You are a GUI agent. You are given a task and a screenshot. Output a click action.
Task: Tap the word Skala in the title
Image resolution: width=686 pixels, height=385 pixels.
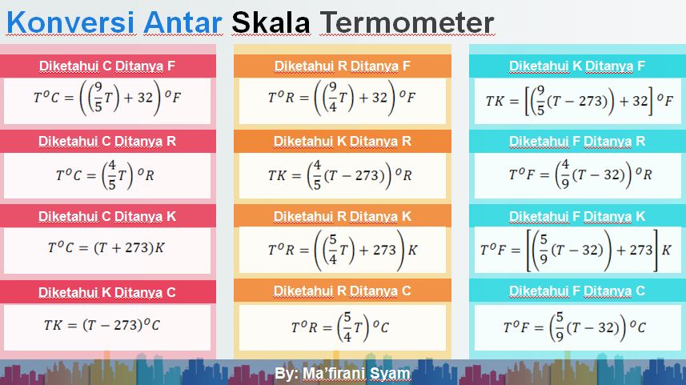click(x=271, y=22)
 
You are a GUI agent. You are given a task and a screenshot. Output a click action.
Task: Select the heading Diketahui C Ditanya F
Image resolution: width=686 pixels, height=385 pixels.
click(x=107, y=66)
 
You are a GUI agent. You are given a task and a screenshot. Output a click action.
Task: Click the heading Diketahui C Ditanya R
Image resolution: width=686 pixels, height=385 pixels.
click(x=107, y=142)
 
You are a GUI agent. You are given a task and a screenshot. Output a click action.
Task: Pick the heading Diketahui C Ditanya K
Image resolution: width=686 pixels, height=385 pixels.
click(x=107, y=216)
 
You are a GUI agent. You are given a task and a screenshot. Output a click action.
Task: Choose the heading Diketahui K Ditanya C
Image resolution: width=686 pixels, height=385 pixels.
click(x=107, y=292)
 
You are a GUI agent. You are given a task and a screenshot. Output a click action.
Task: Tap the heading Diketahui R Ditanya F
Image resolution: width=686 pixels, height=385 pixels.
click(x=342, y=66)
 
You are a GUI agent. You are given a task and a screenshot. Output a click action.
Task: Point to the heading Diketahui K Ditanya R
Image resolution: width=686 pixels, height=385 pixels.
click(x=342, y=142)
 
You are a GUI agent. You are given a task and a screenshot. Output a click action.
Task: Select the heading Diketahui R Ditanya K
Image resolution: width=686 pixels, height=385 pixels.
click(x=342, y=216)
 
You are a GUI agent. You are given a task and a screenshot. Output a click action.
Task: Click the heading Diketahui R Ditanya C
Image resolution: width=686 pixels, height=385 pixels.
click(x=342, y=291)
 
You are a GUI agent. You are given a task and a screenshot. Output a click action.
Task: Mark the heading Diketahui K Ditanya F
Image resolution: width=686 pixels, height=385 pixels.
click(x=577, y=66)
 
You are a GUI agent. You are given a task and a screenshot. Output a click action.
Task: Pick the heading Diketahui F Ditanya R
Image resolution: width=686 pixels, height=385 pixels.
click(x=577, y=142)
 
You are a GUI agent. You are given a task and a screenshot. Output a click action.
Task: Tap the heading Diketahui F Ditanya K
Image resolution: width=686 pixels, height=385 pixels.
click(x=577, y=216)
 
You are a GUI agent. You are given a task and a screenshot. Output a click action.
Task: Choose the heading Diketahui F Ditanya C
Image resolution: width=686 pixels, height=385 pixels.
click(x=577, y=291)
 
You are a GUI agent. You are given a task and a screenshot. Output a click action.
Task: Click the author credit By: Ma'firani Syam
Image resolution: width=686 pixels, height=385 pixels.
click(x=342, y=374)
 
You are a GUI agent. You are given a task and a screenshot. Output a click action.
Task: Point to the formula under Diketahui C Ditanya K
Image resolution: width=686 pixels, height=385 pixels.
click(x=106, y=248)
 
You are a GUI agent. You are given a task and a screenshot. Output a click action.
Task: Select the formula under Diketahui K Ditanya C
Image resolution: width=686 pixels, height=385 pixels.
click(x=102, y=325)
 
